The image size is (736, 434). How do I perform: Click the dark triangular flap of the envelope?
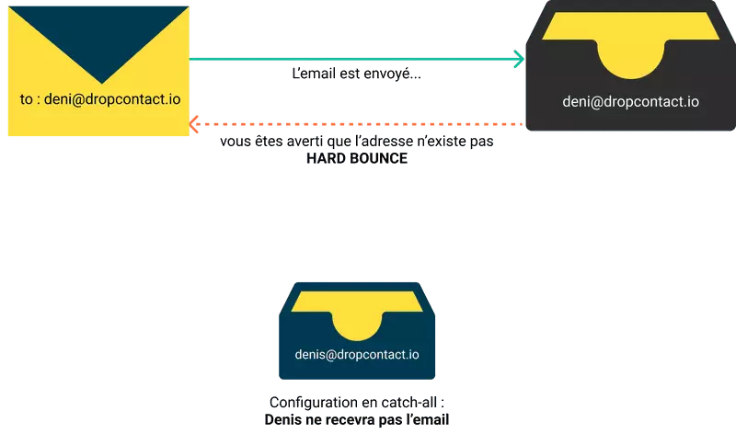(x=98, y=37)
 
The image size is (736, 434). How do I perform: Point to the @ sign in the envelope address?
(x=80, y=98)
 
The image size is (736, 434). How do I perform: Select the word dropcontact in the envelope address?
(x=124, y=98)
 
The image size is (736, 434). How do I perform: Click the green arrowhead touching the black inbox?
(x=518, y=60)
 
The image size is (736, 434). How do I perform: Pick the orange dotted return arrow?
(x=359, y=122)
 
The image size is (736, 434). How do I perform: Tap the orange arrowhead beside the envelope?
(x=195, y=122)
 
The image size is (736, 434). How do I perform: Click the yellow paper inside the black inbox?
(x=630, y=46)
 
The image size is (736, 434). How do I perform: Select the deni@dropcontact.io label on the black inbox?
(x=630, y=102)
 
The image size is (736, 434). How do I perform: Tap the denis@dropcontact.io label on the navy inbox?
(x=357, y=354)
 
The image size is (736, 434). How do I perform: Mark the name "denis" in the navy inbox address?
(x=312, y=354)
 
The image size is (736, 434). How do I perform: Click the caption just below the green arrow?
(x=357, y=74)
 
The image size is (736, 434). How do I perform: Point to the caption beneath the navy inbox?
(x=357, y=411)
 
